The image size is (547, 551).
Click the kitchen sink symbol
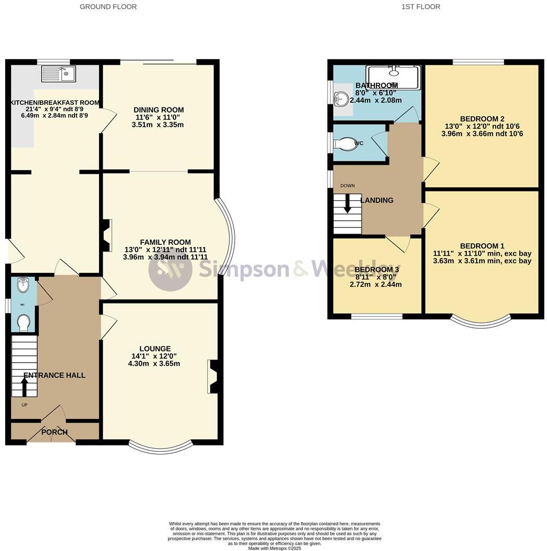pyautogui.click(x=59, y=74)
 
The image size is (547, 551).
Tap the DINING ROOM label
pyautogui.click(x=159, y=110)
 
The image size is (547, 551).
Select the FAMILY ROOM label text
pyautogui.click(x=165, y=242)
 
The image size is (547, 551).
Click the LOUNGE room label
pyautogui.click(x=155, y=349)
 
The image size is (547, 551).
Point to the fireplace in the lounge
pyautogui.click(x=214, y=376)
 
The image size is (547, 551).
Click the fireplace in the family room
pyautogui.click(x=106, y=235)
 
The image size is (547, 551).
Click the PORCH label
pyautogui.click(x=55, y=432)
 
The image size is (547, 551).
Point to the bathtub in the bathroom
pyautogui.click(x=393, y=77)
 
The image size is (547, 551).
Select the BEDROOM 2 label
pyautogui.click(x=482, y=118)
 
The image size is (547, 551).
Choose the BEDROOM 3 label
pyautogui.click(x=376, y=269)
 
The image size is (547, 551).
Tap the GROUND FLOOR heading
pyautogui.click(x=108, y=7)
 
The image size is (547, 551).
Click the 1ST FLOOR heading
pyautogui.click(x=420, y=7)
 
